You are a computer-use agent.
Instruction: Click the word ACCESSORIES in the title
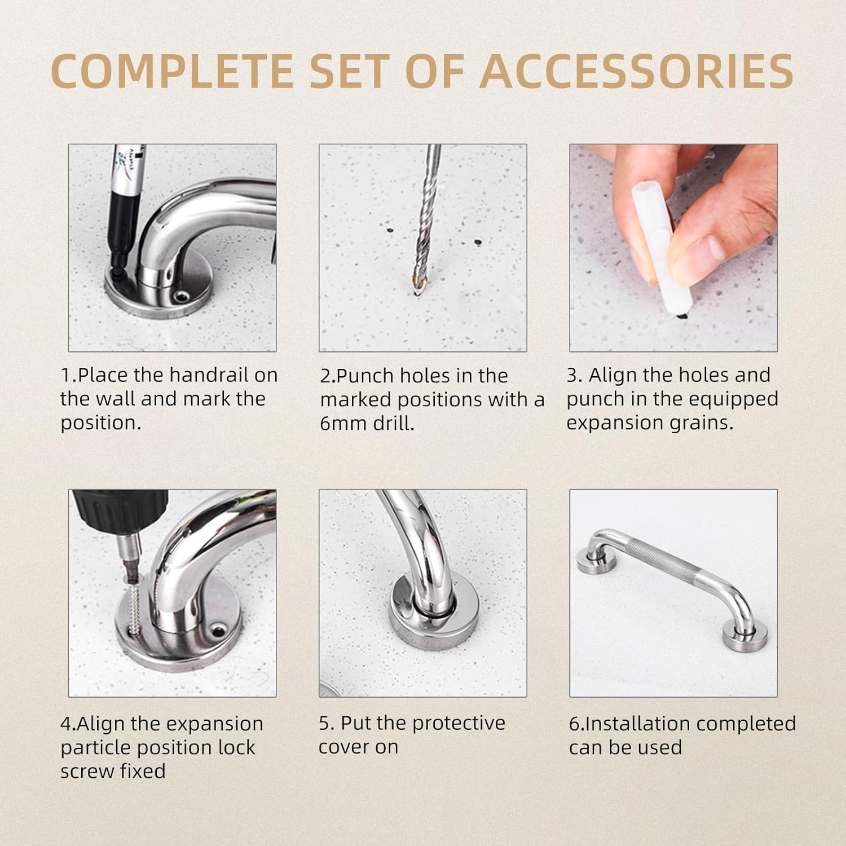tap(637, 71)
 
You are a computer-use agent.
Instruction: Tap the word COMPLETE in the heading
tap(171, 71)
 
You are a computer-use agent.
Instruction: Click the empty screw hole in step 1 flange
tap(181, 296)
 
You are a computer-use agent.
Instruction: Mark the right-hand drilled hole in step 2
tap(477, 242)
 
